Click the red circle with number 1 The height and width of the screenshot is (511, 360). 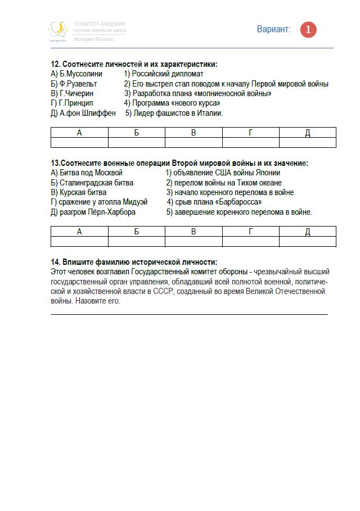click(x=308, y=30)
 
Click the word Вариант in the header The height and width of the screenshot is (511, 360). click(x=274, y=29)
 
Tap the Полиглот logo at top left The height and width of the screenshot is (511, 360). click(x=57, y=30)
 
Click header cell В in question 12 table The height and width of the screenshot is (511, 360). click(x=193, y=133)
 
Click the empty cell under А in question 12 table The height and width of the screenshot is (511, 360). click(x=79, y=142)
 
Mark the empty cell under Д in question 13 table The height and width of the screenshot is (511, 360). click(x=308, y=241)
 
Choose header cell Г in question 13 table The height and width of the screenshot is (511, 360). click(x=251, y=232)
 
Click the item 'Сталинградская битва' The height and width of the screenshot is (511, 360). click(x=92, y=183)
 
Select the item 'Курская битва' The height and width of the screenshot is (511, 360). click(x=78, y=192)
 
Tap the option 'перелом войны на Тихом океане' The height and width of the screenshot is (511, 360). click(x=228, y=183)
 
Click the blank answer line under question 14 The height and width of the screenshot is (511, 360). click(x=189, y=313)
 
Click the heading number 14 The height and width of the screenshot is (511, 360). click(x=55, y=262)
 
